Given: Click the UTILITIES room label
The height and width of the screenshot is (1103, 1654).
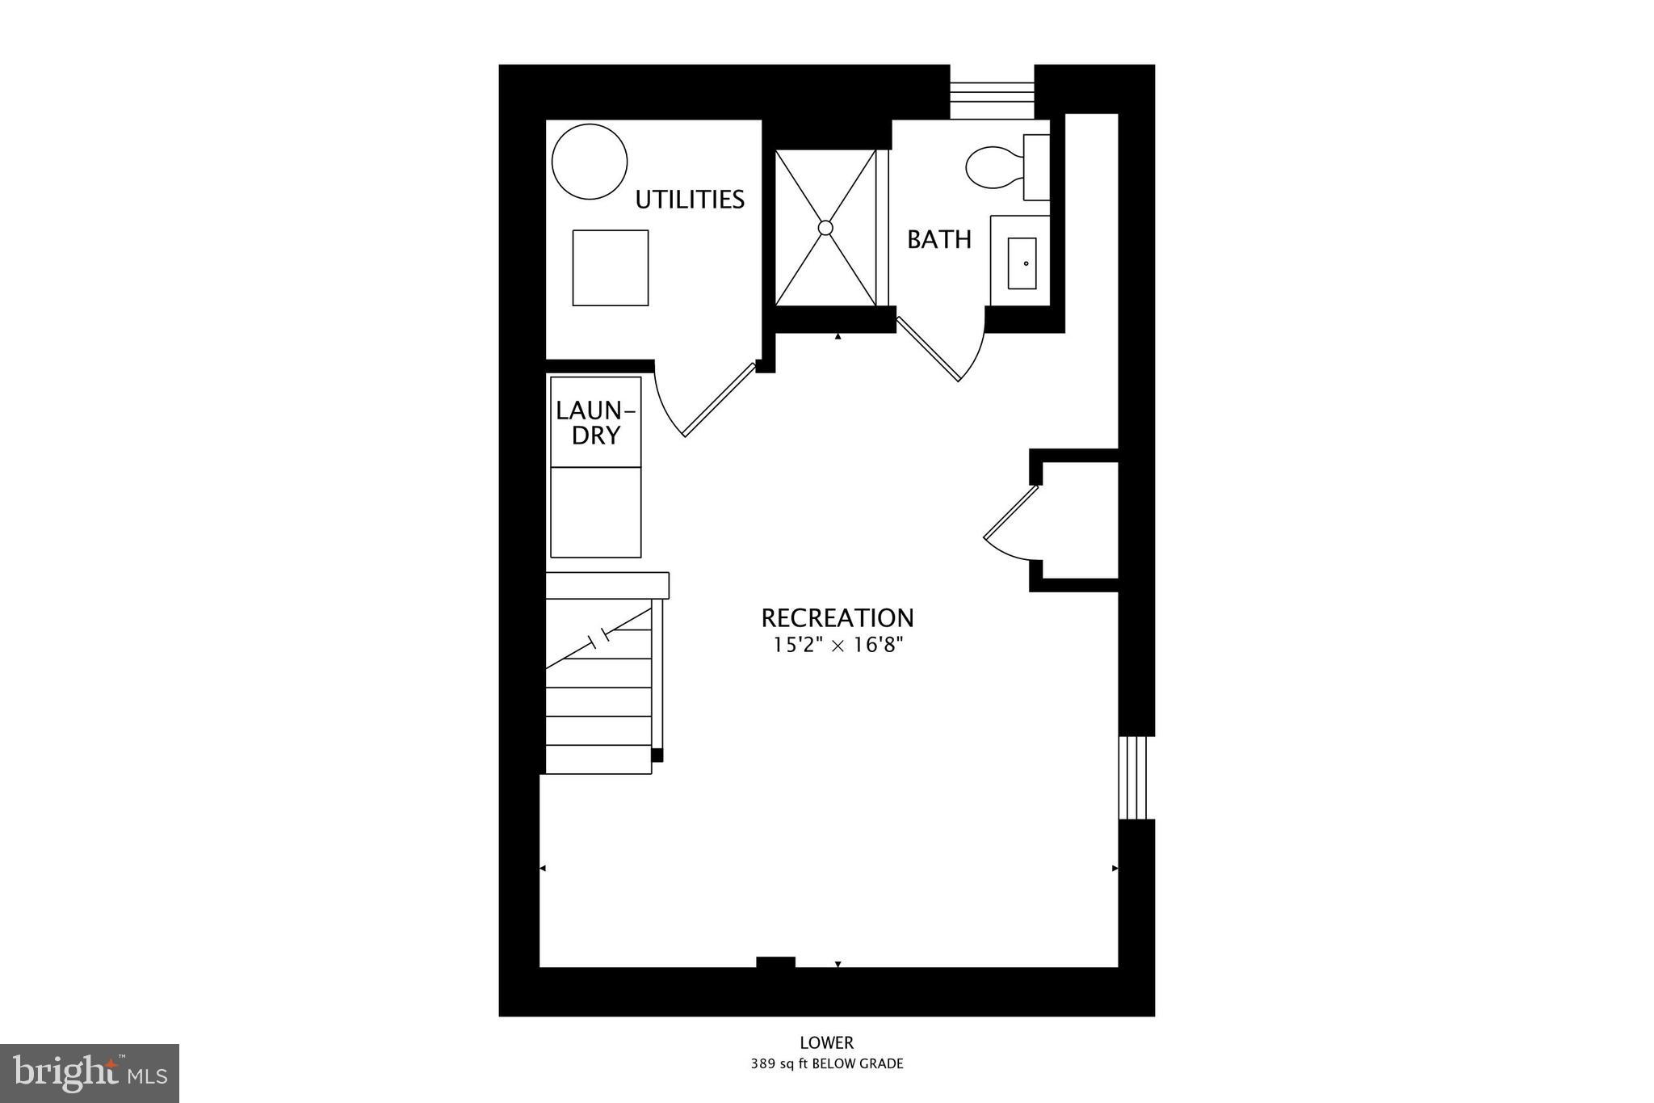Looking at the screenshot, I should coord(690,200).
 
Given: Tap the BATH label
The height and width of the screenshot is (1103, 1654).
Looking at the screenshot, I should coord(938,239).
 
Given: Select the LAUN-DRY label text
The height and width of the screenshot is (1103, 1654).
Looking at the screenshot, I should coord(596,423).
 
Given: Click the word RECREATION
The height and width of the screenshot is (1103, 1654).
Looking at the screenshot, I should coord(837,618).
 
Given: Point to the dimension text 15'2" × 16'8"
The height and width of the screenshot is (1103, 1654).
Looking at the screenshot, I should coord(837,645).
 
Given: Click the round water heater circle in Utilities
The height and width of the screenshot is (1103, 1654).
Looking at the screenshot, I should coord(590,162).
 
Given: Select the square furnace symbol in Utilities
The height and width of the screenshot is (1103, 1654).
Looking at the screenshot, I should coord(611,267).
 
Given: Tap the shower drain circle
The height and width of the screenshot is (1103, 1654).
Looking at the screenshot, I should coord(825,228).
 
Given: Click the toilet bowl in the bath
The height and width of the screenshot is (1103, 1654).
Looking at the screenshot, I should coord(993,167).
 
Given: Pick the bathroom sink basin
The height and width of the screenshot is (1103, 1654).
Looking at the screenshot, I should coord(1022,263).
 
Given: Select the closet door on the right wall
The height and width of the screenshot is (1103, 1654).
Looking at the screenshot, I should coord(1010,521).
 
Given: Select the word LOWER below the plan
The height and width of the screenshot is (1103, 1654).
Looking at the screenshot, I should coord(826,1043).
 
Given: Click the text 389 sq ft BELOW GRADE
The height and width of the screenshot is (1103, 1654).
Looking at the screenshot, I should coord(826,1064).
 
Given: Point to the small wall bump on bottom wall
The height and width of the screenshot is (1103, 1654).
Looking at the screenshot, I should coord(775,962).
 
